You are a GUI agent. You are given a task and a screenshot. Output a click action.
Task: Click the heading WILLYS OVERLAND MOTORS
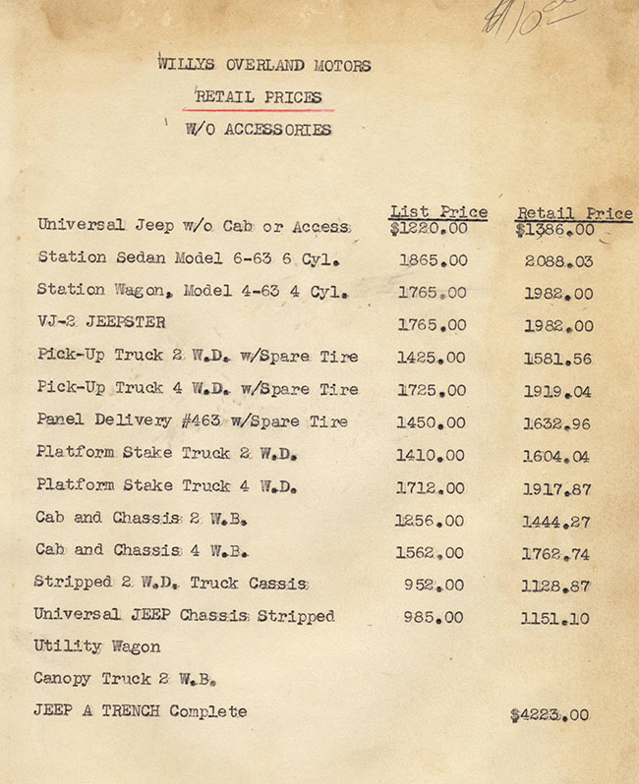click(264, 66)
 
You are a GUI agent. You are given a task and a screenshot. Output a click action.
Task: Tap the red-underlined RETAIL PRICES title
click(259, 97)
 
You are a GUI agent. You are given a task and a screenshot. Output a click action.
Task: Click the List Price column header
click(438, 211)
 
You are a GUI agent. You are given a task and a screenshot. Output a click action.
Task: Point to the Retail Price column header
click(574, 213)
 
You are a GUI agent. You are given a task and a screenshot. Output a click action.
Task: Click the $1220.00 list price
click(429, 229)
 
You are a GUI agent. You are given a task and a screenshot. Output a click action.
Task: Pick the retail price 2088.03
click(558, 261)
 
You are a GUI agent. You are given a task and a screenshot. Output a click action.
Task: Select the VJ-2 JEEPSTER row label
click(101, 322)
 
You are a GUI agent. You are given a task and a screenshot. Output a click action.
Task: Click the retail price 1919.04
click(557, 391)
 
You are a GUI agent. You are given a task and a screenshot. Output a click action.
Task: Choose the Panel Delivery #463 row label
click(192, 421)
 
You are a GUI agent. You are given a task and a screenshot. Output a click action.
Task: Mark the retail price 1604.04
click(557, 455)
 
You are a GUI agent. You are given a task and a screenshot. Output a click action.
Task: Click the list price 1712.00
click(432, 487)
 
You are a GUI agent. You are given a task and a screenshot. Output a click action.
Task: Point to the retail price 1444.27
click(557, 521)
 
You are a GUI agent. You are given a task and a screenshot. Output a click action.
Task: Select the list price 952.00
click(435, 585)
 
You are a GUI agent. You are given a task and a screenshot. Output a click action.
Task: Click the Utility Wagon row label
click(96, 646)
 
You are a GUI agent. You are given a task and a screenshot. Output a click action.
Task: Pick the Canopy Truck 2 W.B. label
click(125, 679)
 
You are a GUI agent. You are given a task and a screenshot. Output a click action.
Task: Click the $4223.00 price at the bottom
click(550, 715)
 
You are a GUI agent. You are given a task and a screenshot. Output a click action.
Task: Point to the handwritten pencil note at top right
click(532, 18)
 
